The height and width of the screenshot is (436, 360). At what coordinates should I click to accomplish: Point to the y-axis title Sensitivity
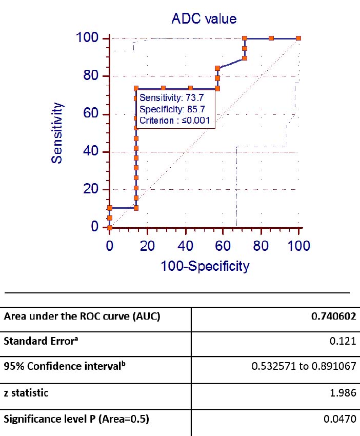pyautogui.click(x=57, y=133)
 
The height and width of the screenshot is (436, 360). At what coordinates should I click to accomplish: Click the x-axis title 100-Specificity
pyautogui.click(x=205, y=266)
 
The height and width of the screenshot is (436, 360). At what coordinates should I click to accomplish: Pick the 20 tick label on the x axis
pyautogui.click(x=147, y=246)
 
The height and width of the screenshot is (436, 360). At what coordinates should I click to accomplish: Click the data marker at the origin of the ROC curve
pyautogui.click(x=110, y=227)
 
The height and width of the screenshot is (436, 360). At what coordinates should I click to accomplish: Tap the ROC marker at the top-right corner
pyautogui.click(x=298, y=38)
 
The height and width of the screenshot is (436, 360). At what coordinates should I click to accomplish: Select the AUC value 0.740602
pyautogui.click(x=333, y=316)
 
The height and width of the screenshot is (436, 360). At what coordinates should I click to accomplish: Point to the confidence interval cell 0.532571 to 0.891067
pyautogui.click(x=303, y=367)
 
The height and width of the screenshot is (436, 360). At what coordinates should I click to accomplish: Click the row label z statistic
pyautogui.click(x=26, y=393)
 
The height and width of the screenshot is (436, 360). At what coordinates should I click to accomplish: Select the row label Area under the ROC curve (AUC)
pyautogui.click(x=82, y=316)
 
